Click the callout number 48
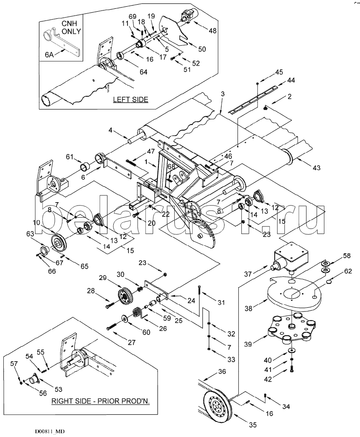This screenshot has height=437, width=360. (212, 31)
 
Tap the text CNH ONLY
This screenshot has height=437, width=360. (71, 28)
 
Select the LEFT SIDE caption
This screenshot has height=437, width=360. (130, 100)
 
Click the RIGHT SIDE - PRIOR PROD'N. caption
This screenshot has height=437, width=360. (100, 401)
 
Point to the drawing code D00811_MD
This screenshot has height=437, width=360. (50, 431)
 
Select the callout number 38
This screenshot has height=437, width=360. (249, 308)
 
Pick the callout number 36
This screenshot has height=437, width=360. (222, 372)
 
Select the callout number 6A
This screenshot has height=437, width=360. (49, 54)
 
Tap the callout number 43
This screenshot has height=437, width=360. (317, 167)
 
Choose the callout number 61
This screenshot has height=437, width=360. (70, 157)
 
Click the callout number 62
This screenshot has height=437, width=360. (348, 271)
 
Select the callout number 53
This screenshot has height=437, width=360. (58, 389)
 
